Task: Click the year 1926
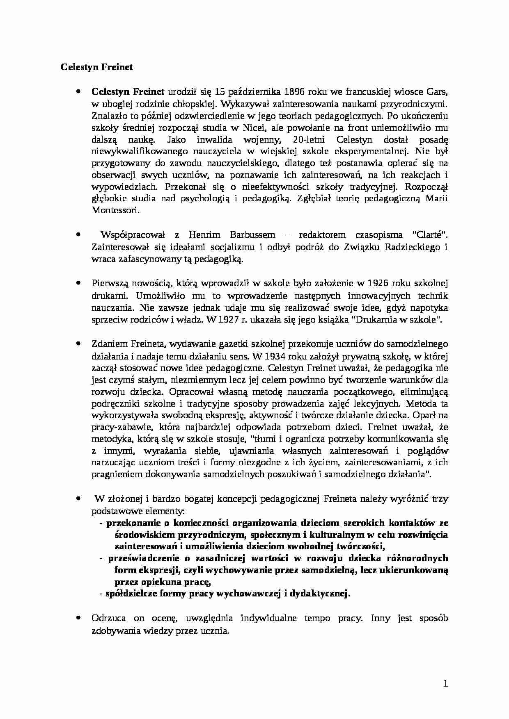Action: [378, 283]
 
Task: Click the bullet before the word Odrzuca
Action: [78, 618]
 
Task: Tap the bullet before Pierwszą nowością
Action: [78, 283]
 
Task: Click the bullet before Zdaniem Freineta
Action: [78, 344]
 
